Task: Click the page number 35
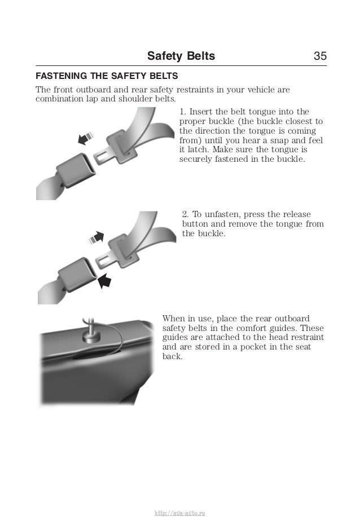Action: coord(320,56)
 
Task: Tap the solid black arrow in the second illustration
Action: coord(104,280)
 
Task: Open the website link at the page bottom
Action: coord(179,512)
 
